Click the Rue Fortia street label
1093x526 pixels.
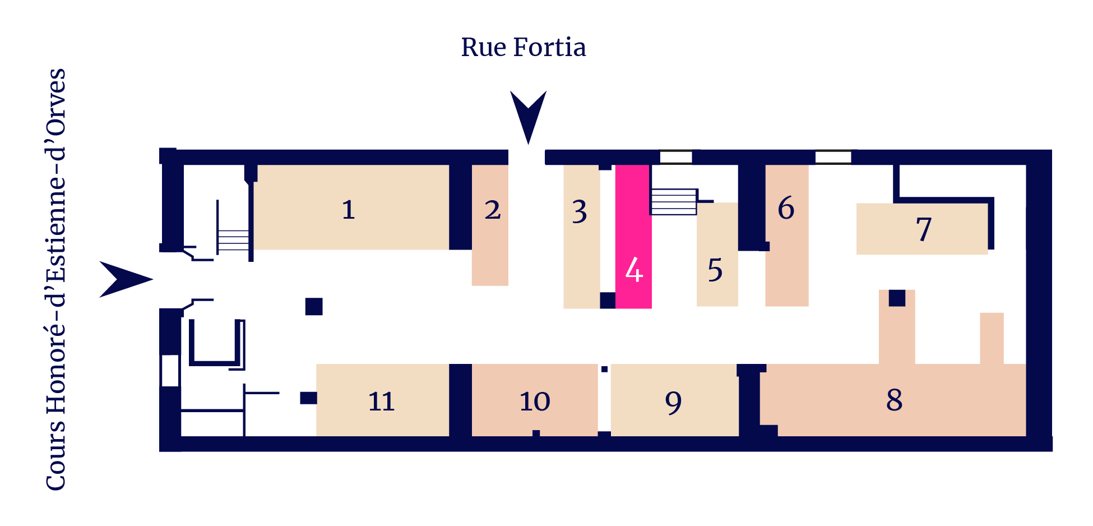point(524,47)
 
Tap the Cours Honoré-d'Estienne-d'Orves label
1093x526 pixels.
point(55,280)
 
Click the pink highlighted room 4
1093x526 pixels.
point(633,237)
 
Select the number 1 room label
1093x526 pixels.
point(348,210)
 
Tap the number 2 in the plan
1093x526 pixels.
point(493,210)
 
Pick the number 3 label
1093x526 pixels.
point(580,212)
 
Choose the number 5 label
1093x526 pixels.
point(715,270)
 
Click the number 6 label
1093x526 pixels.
point(786,208)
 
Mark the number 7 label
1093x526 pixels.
point(924,229)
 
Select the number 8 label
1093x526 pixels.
point(895,400)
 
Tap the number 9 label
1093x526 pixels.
point(673,403)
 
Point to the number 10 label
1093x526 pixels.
point(535,402)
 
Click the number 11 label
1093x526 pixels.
point(381,402)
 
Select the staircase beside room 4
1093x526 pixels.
point(673,202)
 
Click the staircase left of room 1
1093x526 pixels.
point(234,239)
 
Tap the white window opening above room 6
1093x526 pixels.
point(833,157)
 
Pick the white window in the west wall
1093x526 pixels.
point(170,371)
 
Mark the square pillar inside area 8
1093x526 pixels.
point(897,298)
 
